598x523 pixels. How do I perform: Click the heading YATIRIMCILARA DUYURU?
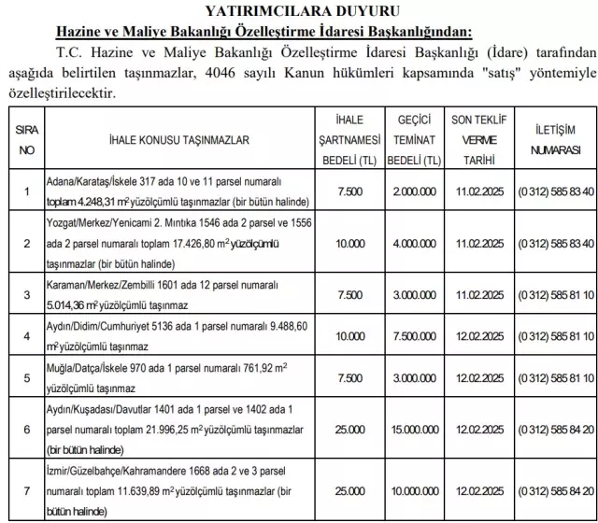point(300,12)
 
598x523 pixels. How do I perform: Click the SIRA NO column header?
point(27,139)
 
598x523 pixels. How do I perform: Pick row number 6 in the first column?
point(27,429)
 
